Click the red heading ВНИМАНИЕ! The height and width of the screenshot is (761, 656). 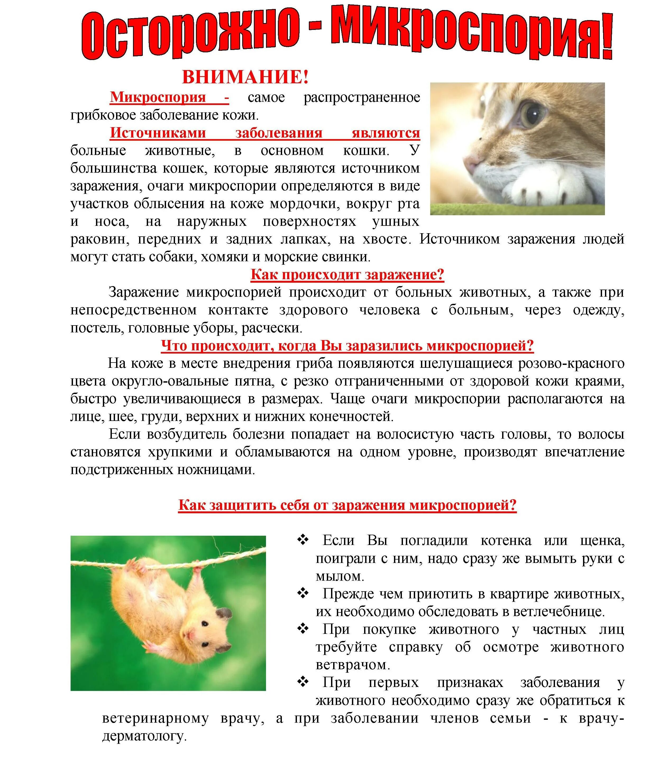pos(245,77)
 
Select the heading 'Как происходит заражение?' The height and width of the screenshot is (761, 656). pos(347,274)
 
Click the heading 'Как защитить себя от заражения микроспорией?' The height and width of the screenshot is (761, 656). pos(347,505)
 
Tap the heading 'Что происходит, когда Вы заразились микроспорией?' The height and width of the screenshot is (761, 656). pos(347,346)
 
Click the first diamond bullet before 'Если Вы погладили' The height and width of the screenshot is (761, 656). pos(303,540)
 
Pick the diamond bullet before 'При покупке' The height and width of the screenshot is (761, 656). pos(303,629)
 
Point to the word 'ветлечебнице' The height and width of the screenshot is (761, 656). pos(558,612)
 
